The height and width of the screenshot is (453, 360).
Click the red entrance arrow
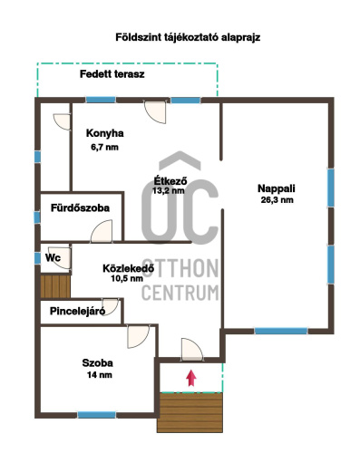(190, 378)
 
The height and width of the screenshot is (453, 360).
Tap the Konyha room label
(105, 133)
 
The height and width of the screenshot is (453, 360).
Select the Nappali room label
(277, 188)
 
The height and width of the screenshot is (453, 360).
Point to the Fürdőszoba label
(80, 207)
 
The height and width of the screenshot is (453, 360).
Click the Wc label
(53, 257)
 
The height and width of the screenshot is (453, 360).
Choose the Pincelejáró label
(77, 311)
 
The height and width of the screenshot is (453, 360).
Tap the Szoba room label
(98, 362)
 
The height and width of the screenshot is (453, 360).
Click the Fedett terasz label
(112, 74)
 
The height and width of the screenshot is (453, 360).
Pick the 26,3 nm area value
(277, 200)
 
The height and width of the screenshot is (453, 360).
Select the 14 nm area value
(100, 375)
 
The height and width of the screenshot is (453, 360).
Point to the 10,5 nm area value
(127, 278)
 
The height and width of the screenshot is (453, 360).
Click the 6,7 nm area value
(104, 147)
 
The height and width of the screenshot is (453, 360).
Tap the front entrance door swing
(191, 350)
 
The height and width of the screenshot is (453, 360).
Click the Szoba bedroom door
(138, 336)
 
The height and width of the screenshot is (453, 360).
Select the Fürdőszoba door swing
(102, 231)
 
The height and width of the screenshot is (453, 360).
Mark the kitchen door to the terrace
(155, 111)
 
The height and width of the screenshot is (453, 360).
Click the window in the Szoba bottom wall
(97, 415)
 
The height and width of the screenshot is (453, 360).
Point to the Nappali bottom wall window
(281, 331)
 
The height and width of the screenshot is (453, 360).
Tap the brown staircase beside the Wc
(55, 286)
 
